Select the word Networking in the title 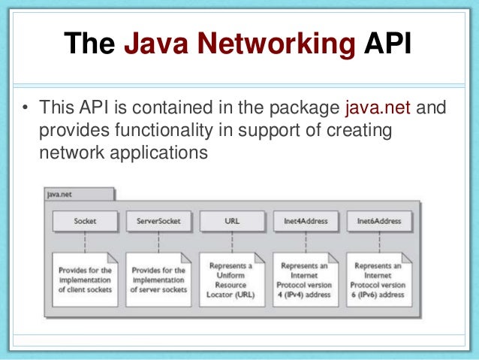276,46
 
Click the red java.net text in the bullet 378,110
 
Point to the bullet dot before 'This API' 24,110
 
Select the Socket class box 85,222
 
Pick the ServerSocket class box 158,222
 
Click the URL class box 232,222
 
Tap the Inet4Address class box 306,222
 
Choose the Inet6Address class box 379,222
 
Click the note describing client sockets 84,280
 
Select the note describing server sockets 158,280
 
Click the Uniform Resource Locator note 232,280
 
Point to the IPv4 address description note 306,280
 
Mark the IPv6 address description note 379,280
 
